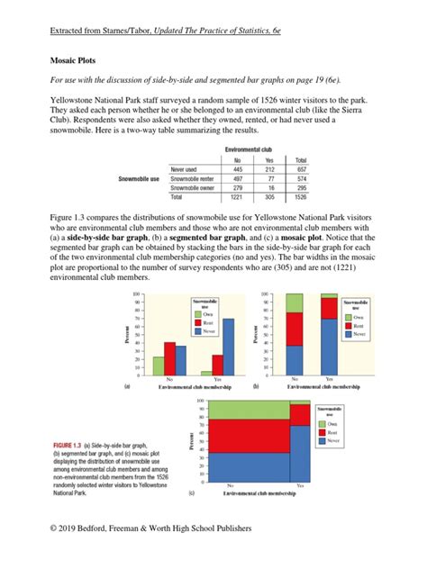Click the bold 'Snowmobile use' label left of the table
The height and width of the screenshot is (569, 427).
tap(142, 177)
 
